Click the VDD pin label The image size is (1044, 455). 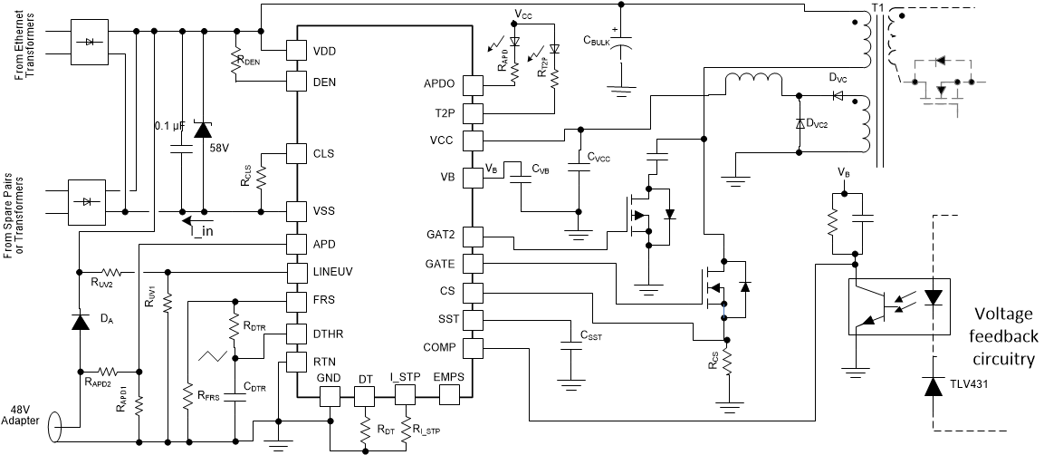[325, 51]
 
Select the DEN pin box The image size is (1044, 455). [297, 81]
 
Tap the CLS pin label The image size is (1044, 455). [323, 153]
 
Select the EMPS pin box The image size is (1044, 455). [450, 396]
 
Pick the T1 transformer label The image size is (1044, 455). [876, 8]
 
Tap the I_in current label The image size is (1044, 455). [202, 231]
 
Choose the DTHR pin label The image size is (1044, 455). [330, 334]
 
